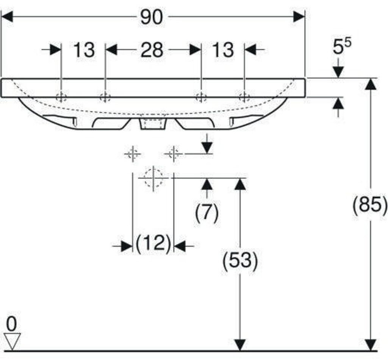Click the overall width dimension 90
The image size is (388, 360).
152,17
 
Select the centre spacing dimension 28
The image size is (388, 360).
152,50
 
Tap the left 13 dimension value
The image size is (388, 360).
84,50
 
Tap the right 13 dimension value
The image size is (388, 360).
223,50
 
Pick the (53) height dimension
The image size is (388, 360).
240,260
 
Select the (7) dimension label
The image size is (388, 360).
207,212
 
